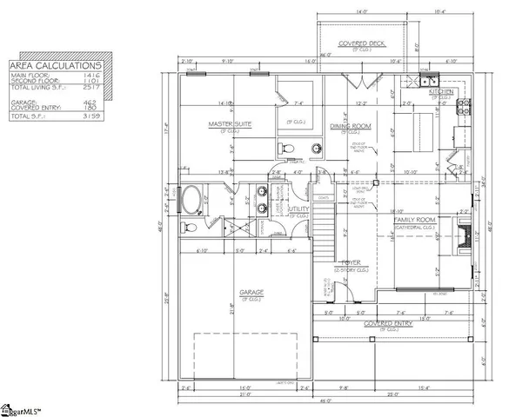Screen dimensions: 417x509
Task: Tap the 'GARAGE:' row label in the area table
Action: pyautogui.click(x=22, y=102)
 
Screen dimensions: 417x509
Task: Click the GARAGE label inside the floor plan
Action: pyautogui.click(x=252, y=292)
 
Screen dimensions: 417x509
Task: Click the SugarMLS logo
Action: pyautogui.click(x=23, y=408)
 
